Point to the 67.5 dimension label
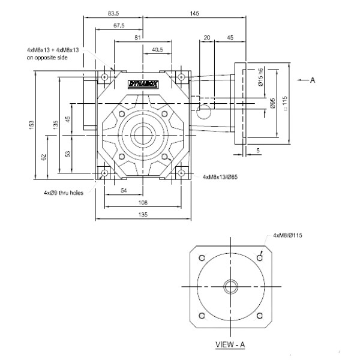click(x=118, y=26)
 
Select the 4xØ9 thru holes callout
click(x=64, y=193)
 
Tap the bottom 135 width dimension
click(x=142, y=214)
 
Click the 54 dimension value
click(x=122, y=190)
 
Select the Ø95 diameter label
click(x=273, y=105)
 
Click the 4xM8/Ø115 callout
click(x=287, y=235)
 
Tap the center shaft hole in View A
click(x=229, y=286)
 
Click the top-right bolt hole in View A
click(x=259, y=257)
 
